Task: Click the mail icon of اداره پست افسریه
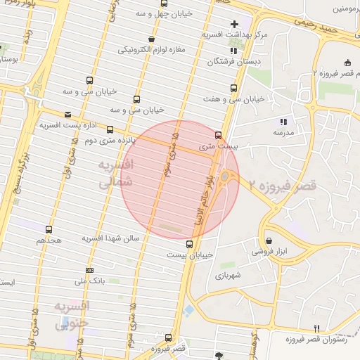coord(67,114)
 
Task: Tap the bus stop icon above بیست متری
coord(217,135)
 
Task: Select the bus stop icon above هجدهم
coord(49,229)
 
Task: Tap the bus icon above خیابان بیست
coord(188,244)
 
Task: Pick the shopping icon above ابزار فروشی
coord(269,240)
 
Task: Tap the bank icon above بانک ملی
coord(89,271)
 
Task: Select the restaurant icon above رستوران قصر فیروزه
coord(316,329)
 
